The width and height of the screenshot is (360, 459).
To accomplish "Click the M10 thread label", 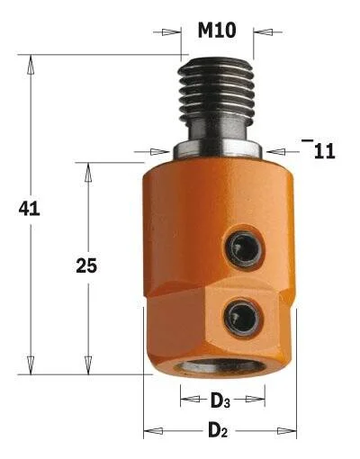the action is click(x=217, y=31).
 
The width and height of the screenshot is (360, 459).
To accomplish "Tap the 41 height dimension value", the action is click(x=29, y=209).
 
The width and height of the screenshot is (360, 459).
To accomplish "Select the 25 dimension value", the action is click(x=86, y=265).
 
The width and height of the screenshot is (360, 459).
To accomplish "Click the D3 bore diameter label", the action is click(x=220, y=400).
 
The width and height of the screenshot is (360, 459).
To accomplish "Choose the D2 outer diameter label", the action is click(x=218, y=431).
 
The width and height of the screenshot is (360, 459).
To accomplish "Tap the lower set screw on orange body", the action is click(x=242, y=319).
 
